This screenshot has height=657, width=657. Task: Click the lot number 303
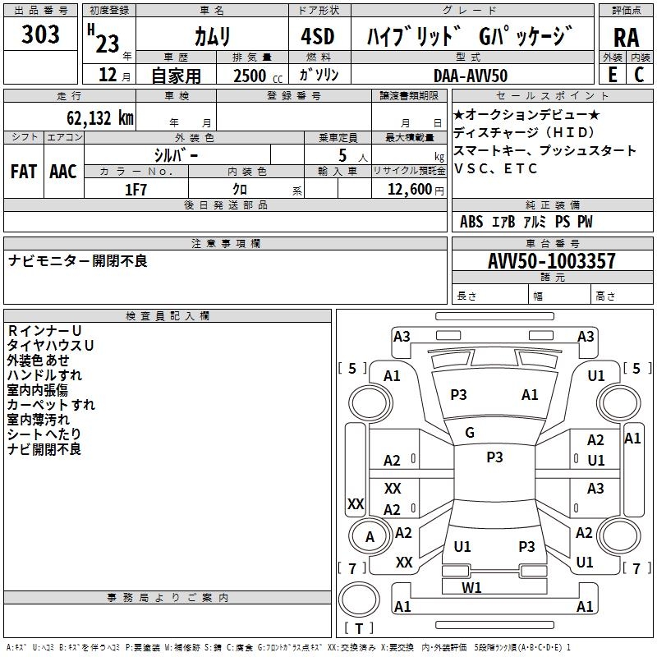[x=41, y=34]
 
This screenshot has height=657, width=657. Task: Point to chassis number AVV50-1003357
[x=552, y=262]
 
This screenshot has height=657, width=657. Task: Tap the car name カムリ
[x=212, y=37]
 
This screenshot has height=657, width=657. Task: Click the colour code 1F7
[x=136, y=190]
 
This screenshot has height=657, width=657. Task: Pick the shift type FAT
[x=24, y=172]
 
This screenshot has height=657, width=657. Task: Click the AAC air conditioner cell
[x=63, y=172]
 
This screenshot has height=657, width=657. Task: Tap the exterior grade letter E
[x=612, y=76]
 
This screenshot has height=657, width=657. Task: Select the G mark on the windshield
[x=470, y=433]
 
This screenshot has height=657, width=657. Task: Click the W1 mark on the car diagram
[x=471, y=587]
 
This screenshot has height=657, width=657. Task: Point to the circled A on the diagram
[x=370, y=537]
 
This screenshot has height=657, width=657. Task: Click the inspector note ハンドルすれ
[x=44, y=375]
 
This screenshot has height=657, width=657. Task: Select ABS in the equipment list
[x=471, y=222]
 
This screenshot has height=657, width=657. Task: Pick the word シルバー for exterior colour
[x=176, y=155]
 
